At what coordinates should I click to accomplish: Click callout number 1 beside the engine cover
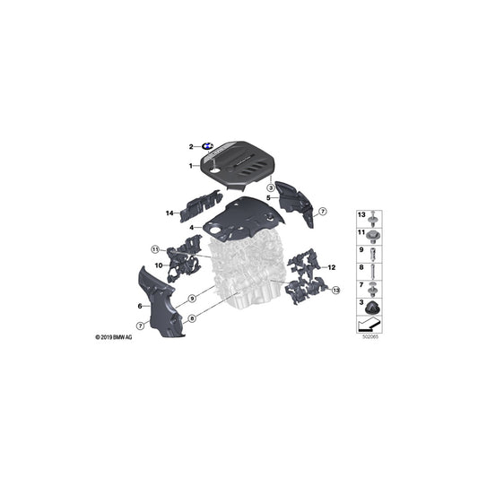click(x=190, y=167)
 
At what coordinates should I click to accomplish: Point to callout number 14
click(x=168, y=213)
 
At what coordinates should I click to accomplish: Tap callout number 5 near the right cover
click(x=267, y=198)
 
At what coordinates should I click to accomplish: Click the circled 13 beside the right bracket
click(x=336, y=291)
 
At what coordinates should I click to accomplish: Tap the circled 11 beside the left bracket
click(x=154, y=248)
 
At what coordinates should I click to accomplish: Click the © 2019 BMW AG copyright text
click(x=114, y=337)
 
